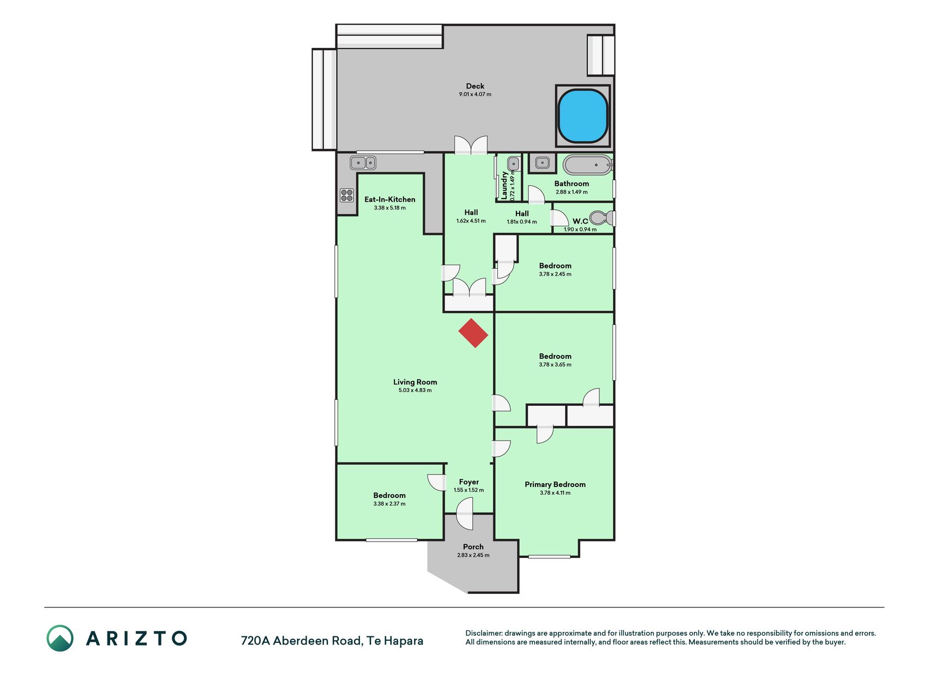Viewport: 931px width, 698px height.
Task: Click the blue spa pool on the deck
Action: point(582,116)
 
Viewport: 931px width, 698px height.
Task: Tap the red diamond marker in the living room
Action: point(473,333)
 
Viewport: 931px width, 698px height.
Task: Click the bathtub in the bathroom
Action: point(587,165)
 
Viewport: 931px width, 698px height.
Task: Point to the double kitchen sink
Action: point(363,163)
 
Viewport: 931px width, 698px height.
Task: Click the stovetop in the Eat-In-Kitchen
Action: point(347,195)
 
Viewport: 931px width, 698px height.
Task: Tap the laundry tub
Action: point(513,164)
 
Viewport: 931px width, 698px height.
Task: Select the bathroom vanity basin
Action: point(542,163)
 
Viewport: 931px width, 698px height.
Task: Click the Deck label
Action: point(475,86)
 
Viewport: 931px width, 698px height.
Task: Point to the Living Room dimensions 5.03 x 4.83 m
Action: point(415,390)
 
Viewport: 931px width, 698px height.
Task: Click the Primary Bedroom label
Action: point(555,484)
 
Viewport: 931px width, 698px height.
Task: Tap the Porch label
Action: point(473,547)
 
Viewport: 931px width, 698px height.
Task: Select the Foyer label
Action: point(469,482)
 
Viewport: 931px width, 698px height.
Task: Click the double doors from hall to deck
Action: point(471,146)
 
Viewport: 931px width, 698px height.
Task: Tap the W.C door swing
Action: point(560,218)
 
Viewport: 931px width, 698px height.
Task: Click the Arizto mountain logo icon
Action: point(60,638)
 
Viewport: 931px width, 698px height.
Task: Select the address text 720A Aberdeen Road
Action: point(302,641)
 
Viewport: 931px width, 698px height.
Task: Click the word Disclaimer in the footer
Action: point(483,633)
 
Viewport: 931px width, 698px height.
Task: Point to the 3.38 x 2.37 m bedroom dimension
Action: point(389,504)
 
